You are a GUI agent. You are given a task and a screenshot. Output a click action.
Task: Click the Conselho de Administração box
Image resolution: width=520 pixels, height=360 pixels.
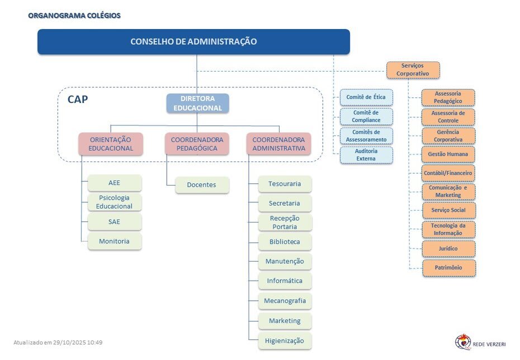193,42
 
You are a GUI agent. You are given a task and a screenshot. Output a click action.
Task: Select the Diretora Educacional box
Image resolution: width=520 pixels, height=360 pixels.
197,103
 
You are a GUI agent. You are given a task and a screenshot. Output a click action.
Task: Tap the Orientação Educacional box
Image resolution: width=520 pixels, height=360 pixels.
111,144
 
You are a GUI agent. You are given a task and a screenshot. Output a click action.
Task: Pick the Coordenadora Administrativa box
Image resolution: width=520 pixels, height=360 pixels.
278,144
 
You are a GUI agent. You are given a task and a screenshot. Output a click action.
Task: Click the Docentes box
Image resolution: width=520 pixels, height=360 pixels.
201,185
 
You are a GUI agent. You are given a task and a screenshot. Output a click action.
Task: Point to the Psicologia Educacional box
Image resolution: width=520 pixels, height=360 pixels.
115,202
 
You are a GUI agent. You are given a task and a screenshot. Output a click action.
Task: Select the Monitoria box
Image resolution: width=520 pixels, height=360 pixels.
114,241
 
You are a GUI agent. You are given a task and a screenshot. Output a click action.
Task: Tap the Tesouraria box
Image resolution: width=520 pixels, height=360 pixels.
285,184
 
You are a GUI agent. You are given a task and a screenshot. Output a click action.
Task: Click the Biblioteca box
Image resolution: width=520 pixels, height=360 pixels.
285,242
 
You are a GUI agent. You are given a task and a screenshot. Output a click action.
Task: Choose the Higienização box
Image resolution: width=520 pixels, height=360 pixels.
285,340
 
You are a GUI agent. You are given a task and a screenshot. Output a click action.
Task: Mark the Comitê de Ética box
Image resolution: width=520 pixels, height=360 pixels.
366,97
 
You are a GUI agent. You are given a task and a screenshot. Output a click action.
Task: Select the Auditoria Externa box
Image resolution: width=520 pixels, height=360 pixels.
366,155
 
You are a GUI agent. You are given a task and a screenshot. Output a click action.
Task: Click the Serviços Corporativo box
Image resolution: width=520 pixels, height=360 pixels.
413,70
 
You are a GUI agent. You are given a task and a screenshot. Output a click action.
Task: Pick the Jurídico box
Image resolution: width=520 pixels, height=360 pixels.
448,249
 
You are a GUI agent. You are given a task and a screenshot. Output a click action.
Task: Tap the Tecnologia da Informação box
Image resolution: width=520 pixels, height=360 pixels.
448,229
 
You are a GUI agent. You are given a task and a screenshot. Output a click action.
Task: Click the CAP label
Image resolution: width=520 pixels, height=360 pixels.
78,100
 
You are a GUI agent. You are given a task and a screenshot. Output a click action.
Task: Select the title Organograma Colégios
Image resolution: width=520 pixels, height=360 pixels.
74,16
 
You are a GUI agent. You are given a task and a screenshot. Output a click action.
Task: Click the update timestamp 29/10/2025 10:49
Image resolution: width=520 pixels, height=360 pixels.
58,342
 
